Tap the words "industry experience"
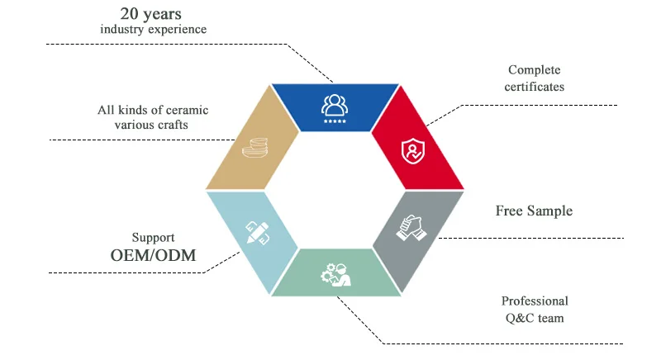click(153, 30)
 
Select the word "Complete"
click(535, 69)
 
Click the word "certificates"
click(535, 85)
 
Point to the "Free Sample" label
click(534, 211)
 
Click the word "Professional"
click(535, 301)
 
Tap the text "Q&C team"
click(535, 317)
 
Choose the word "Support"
click(153, 236)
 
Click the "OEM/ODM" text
click(153, 255)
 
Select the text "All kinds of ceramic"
click(153, 110)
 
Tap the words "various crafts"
click(153, 126)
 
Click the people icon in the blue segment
click(335, 104)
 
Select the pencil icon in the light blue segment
click(257, 231)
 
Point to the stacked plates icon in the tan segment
click(253, 148)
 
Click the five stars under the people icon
click(335, 121)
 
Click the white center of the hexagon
click(334, 189)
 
